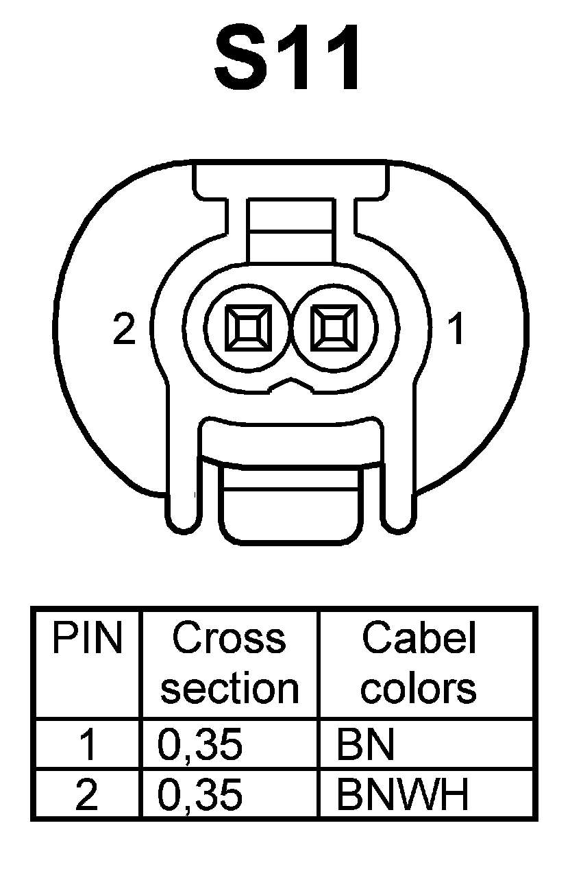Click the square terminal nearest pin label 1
pyautogui.click(x=334, y=327)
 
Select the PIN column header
pyautogui.click(x=87, y=639)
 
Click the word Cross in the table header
pyautogui.click(x=229, y=639)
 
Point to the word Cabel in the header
pyautogui.click(x=419, y=639)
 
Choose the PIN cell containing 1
pyautogui.click(x=87, y=744)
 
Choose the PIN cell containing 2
pyautogui.click(x=87, y=794)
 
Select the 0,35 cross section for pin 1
pyautogui.click(x=200, y=744)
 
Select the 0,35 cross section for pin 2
pyautogui.click(x=200, y=794)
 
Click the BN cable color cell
pyautogui.click(x=365, y=744)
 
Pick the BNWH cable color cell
pyautogui.click(x=402, y=794)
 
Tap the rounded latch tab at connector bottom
pyautogui.click(x=291, y=507)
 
